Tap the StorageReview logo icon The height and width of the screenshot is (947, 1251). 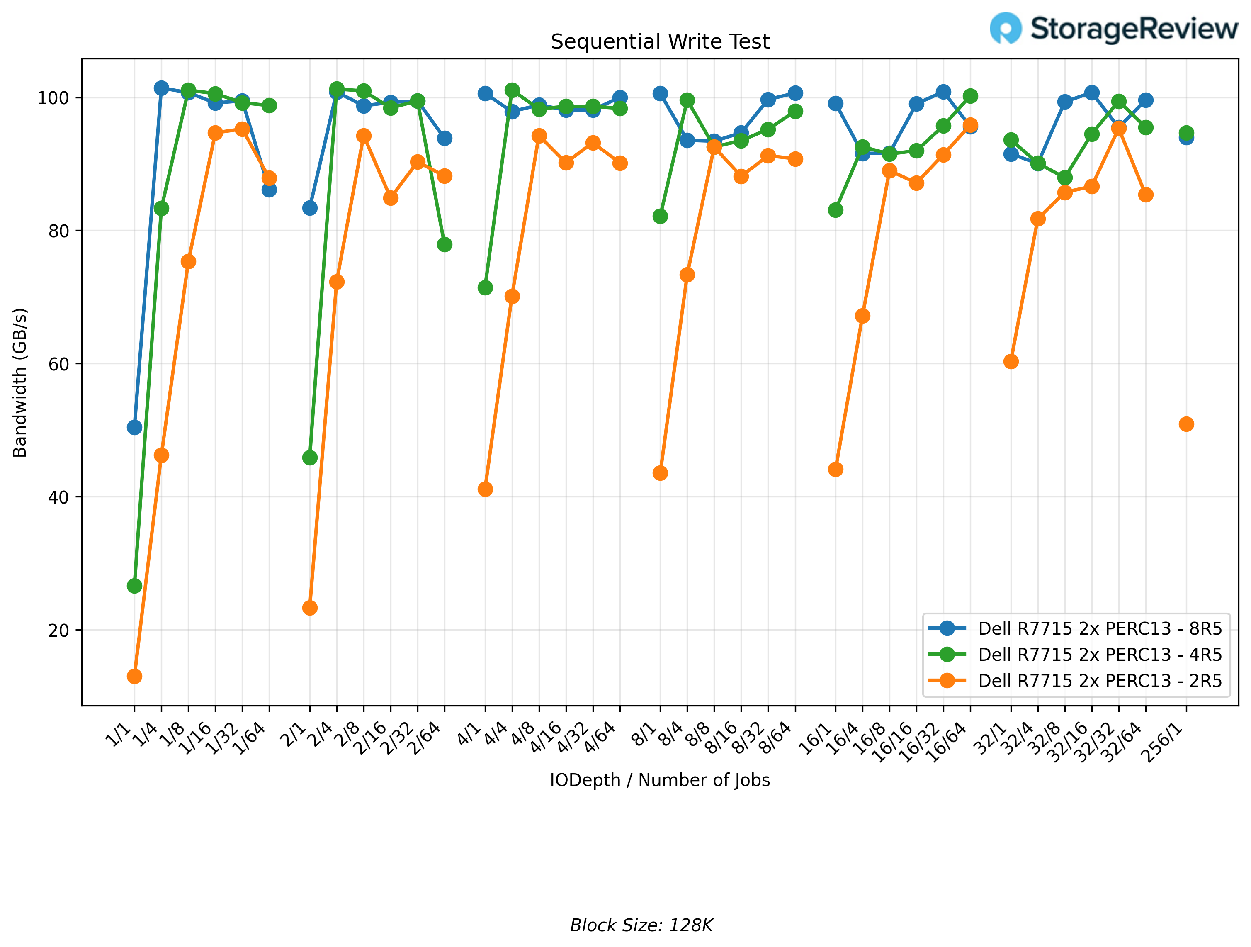1005,28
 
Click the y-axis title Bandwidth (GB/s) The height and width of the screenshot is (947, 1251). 20,382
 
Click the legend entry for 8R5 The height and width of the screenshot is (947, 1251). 1099,628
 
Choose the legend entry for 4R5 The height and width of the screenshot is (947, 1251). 1099,655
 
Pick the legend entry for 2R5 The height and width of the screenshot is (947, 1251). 1099,681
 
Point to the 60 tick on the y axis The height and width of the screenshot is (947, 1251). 58,364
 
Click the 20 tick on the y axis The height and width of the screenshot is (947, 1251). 58,630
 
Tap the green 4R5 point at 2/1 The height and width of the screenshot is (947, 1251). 310,457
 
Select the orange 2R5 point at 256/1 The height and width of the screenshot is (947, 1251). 1186,424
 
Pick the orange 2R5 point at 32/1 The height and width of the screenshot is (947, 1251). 1011,361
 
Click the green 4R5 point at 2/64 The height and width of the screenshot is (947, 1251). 445,244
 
